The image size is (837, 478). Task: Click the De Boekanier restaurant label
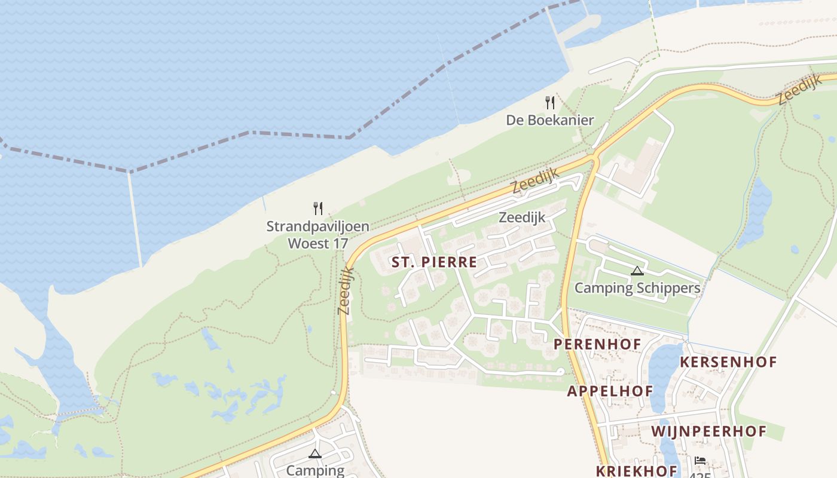tap(550, 120)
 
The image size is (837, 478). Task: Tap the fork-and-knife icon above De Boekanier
tap(550, 103)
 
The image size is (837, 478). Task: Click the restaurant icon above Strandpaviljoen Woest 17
tap(318, 209)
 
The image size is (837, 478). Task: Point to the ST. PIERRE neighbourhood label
tap(434, 262)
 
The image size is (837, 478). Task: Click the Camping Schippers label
tap(637, 288)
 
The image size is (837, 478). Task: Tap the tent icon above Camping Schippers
tap(637, 271)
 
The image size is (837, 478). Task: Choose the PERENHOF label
tap(597, 344)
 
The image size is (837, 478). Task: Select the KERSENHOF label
tap(728, 361)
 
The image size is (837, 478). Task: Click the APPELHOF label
tap(610, 391)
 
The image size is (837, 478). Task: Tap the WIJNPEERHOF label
tap(708, 431)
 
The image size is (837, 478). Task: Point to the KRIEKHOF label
tap(637, 470)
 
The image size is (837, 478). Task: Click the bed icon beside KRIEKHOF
tap(700, 461)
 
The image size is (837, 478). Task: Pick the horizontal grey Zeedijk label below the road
tap(522, 217)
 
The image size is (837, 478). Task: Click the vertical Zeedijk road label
tap(346, 291)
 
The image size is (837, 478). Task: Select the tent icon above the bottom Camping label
tap(315, 454)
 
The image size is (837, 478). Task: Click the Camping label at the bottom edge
tap(315, 470)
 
